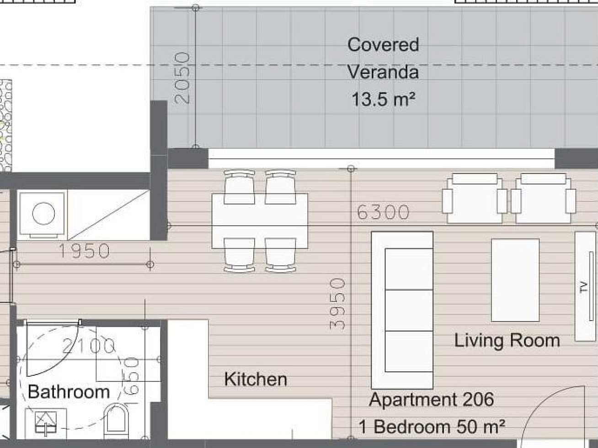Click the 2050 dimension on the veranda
(182, 79)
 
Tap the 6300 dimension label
(383, 212)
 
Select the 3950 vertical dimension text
(337, 304)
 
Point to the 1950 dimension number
(84, 251)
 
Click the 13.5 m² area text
(383, 99)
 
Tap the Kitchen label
(256, 379)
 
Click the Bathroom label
(69, 392)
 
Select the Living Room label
(507, 341)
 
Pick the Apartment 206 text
(432, 399)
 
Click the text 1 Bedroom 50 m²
(432, 427)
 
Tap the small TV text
(583, 287)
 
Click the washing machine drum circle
(43, 214)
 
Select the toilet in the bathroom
(116, 421)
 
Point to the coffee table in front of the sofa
(515, 280)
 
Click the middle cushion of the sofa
(409, 310)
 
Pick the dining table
(260, 221)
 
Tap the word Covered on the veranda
(383, 45)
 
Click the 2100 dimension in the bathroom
(88, 346)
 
